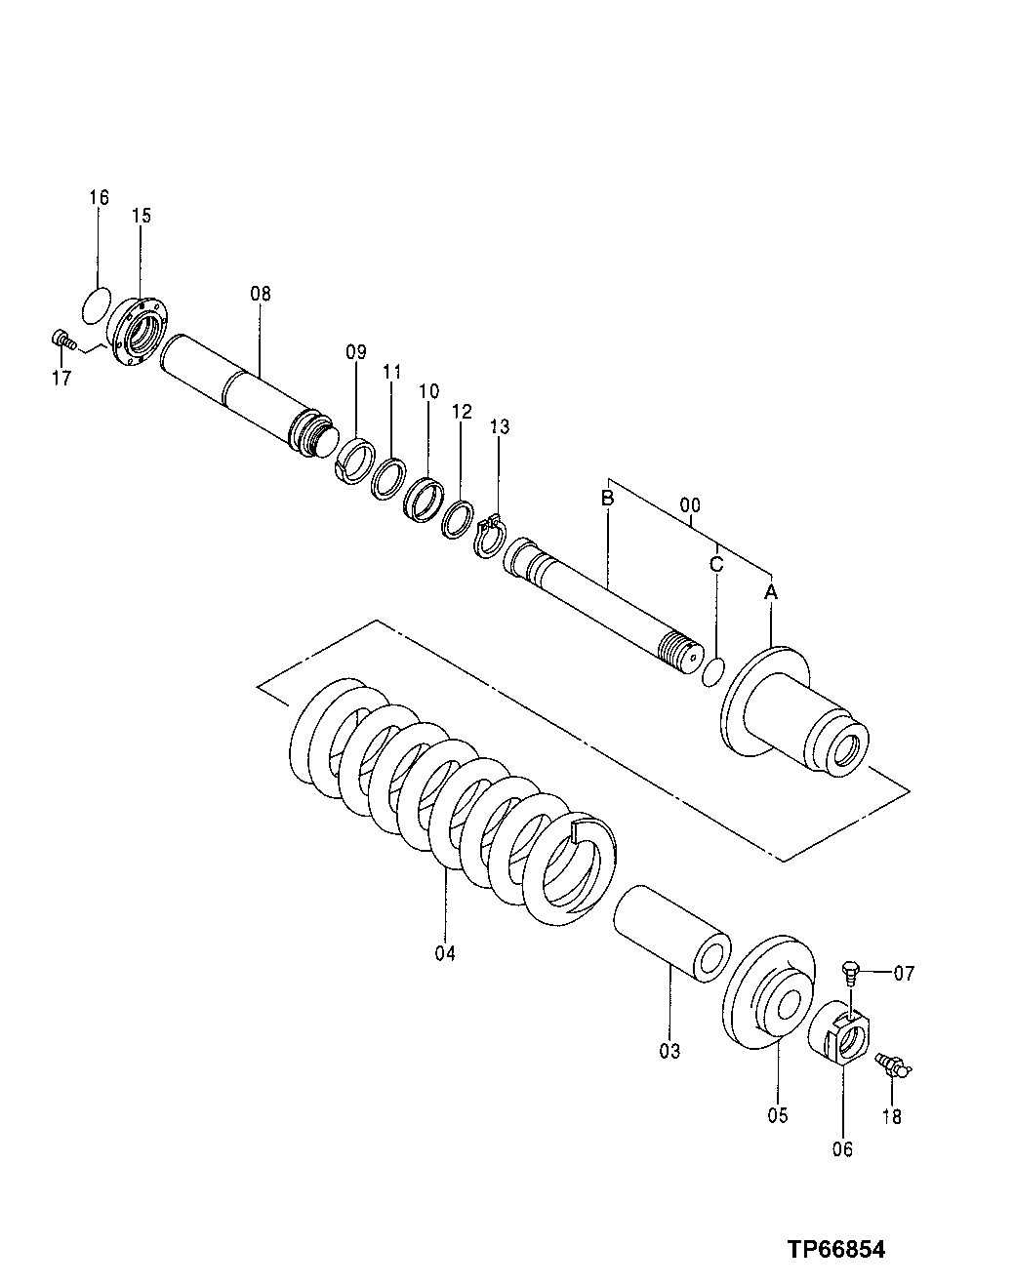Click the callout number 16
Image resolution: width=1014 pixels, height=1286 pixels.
click(x=99, y=198)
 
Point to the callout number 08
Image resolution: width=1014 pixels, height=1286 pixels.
click(x=260, y=293)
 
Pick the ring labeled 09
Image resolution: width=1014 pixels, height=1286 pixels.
click(x=356, y=457)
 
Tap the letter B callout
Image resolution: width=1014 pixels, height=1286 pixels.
click(x=606, y=499)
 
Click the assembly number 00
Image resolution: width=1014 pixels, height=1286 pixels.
click(x=689, y=506)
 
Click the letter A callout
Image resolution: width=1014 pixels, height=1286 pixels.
click(x=770, y=592)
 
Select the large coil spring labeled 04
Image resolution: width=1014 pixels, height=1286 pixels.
click(x=449, y=800)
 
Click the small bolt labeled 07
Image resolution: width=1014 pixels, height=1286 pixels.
click(x=851, y=972)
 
